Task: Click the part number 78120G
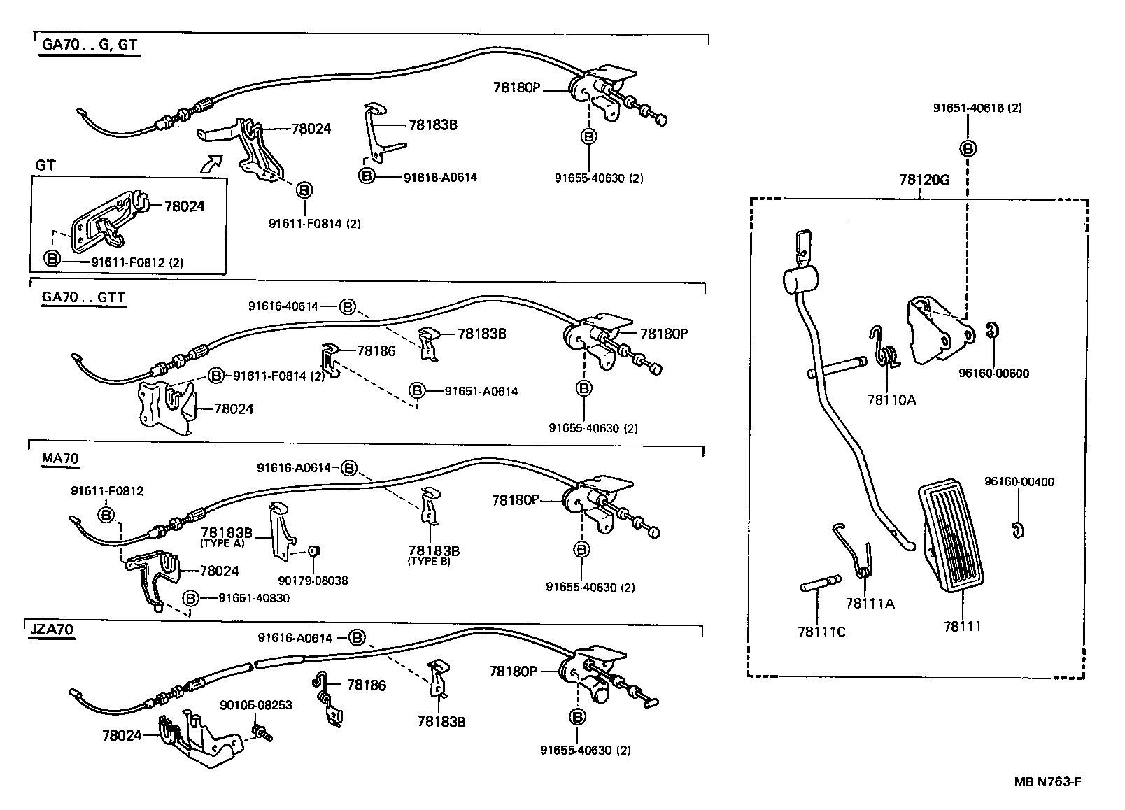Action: [x=924, y=180]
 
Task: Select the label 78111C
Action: [x=821, y=632]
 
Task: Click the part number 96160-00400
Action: [x=1019, y=482]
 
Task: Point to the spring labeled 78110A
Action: [x=884, y=350]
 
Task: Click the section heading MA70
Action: [x=60, y=459]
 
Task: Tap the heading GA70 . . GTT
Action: [x=83, y=297]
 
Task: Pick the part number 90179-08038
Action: [x=313, y=580]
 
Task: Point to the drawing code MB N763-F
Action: [x=1047, y=782]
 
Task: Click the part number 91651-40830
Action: [x=254, y=598]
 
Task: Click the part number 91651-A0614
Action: [x=481, y=392]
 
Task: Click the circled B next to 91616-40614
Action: [x=348, y=306]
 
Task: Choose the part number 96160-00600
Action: [x=993, y=374]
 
